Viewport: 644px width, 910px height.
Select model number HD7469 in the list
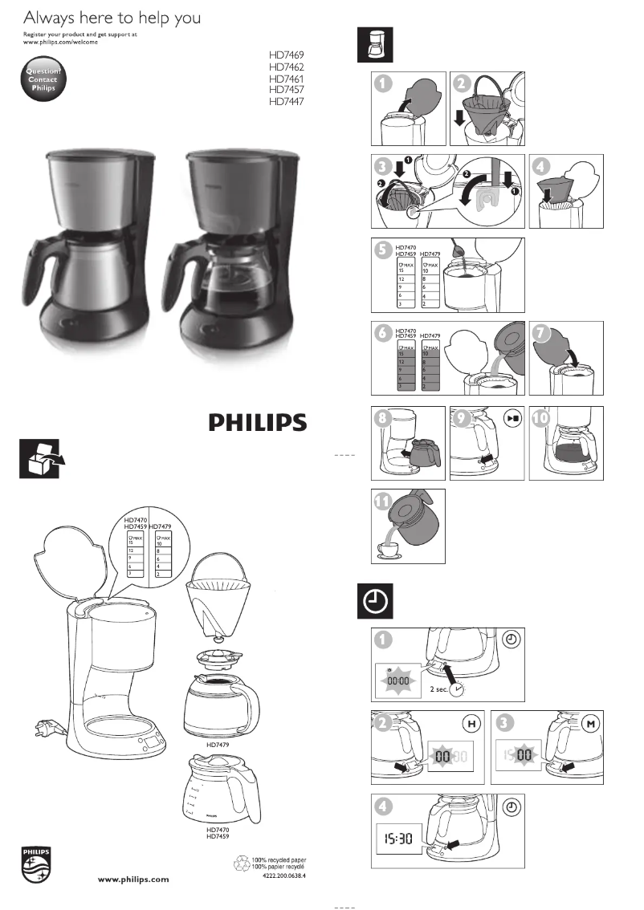(287, 56)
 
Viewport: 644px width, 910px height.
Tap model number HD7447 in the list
(287, 102)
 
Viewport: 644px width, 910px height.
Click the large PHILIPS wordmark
(257, 423)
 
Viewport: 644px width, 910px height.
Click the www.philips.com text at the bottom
(133, 880)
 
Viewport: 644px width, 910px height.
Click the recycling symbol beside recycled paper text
(241, 863)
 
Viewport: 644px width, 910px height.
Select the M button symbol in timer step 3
(591, 725)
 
